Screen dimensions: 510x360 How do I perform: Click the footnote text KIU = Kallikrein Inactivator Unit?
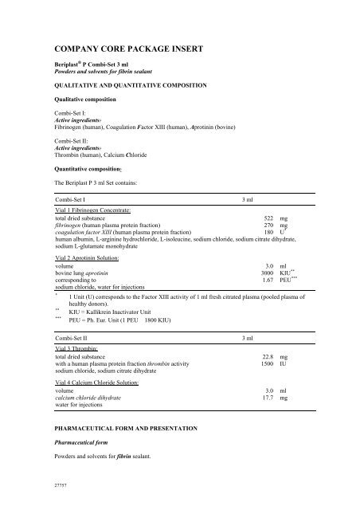coord(120,314)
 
